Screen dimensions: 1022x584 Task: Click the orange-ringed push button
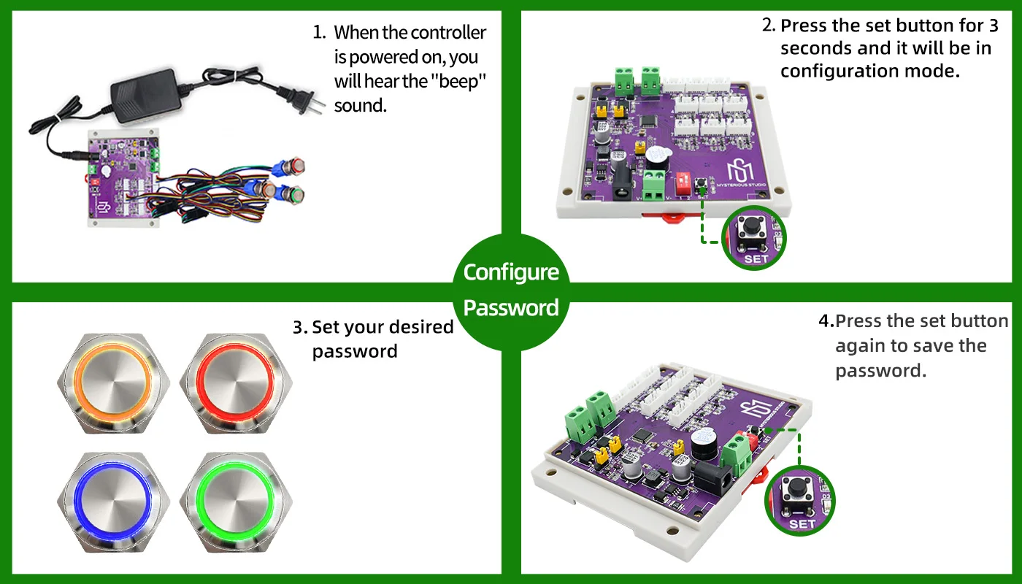click(x=113, y=383)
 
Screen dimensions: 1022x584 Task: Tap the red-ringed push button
click(x=236, y=383)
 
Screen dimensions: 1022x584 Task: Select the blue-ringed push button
click(x=113, y=502)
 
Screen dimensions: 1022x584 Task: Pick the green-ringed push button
click(x=236, y=502)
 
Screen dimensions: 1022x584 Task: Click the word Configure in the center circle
click(x=511, y=273)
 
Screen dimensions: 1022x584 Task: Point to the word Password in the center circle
click(x=511, y=308)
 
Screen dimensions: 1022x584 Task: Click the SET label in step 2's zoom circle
click(x=756, y=259)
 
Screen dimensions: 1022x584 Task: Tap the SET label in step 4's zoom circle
click(x=802, y=524)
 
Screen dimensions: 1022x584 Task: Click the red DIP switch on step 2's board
click(x=683, y=183)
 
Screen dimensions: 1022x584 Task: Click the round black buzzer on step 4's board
click(x=704, y=444)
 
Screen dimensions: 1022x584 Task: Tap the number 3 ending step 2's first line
click(x=994, y=26)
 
